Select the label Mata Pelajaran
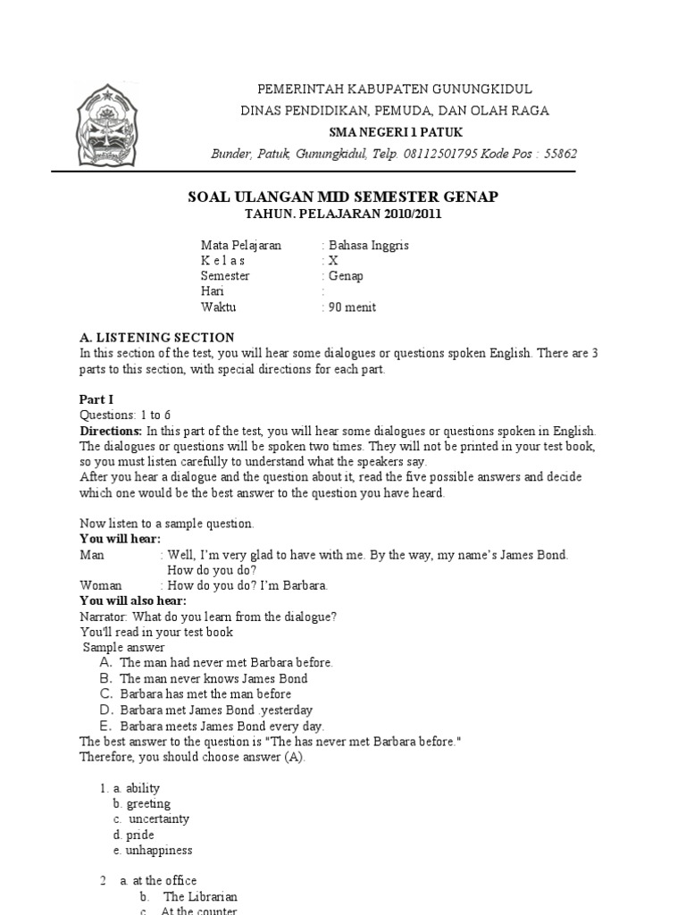(240, 245)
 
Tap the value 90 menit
(352, 307)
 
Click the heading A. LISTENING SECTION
(156, 338)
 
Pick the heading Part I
(97, 400)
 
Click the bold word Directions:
(112, 431)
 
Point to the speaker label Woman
(101, 585)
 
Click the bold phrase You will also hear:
(133, 600)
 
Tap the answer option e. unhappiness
(152, 850)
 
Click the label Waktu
(218, 307)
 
